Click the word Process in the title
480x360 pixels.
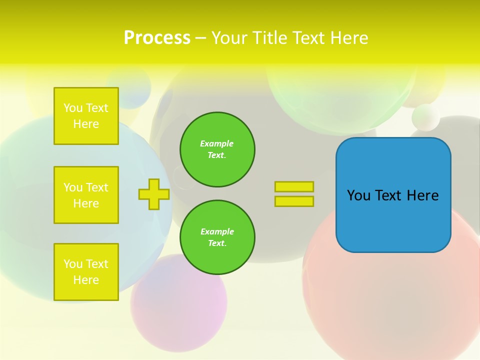pyautogui.click(x=157, y=38)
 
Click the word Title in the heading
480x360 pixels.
pyautogui.click(x=269, y=38)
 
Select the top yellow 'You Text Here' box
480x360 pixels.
pyautogui.click(x=86, y=116)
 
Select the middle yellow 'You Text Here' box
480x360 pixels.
pyautogui.click(x=86, y=195)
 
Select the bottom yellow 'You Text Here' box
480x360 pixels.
pyautogui.click(x=86, y=272)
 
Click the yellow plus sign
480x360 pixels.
pyautogui.click(x=154, y=194)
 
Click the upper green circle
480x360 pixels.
pyautogui.click(x=217, y=149)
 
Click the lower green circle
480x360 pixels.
pyautogui.click(x=217, y=237)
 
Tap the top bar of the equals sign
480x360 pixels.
pyautogui.click(x=294, y=187)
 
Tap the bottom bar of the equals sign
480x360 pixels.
pyautogui.click(x=294, y=201)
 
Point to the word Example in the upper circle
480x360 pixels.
pyautogui.click(x=216, y=144)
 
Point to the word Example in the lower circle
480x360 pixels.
pyautogui.click(x=217, y=232)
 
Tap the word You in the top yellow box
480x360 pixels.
pyautogui.click(x=73, y=108)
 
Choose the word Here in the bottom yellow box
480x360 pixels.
pyautogui.click(x=86, y=280)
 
